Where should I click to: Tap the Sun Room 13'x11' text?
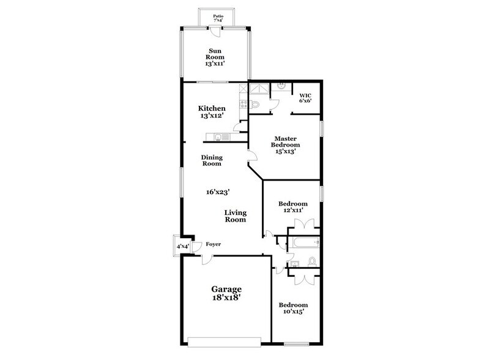(x=215, y=56)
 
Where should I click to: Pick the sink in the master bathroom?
(x=280, y=86)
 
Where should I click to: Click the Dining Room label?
(x=211, y=160)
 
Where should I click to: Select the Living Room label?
(x=235, y=216)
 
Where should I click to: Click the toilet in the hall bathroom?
(x=312, y=261)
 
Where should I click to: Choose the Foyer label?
(x=213, y=244)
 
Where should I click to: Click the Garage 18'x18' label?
(x=226, y=293)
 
